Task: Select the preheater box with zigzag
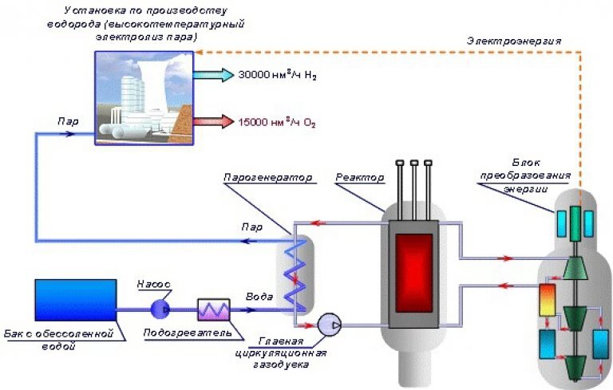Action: pyautogui.click(x=213, y=309)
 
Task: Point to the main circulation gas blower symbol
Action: pyautogui.click(x=329, y=325)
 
